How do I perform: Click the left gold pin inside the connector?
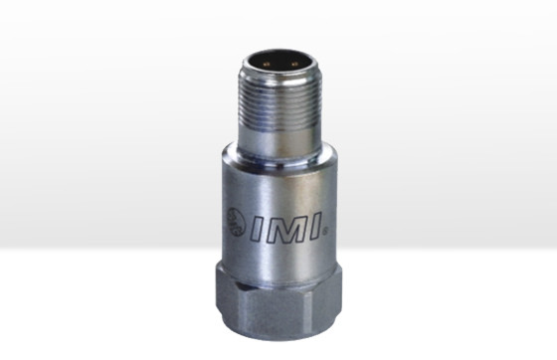pyautogui.click(x=267, y=65)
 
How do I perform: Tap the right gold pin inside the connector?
pyautogui.click(x=293, y=65)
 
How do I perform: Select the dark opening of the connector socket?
pyautogui.click(x=280, y=63)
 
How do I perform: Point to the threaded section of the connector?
pyautogui.click(x=280, y=103)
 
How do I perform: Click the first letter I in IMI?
pyautogui.click(x=259, y=228)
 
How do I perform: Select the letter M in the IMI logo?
pyautogui.click(x=286, y=227)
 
